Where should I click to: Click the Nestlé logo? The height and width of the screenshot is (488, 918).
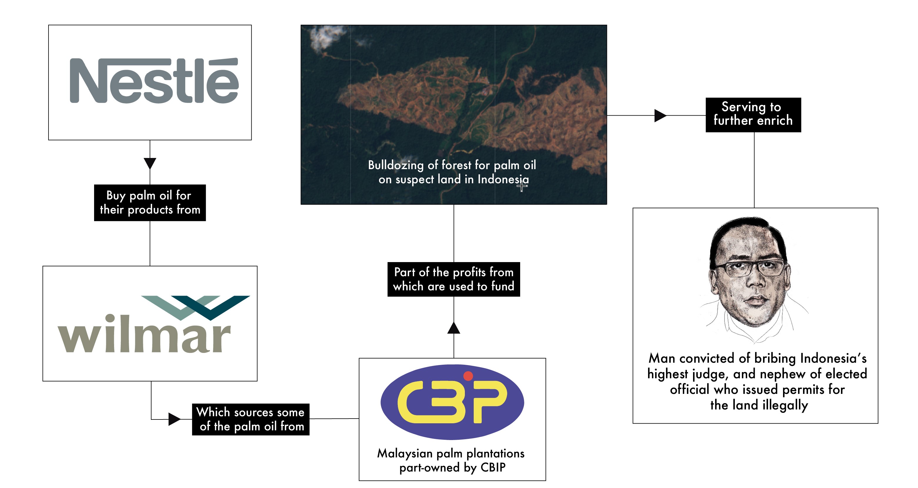tap(154, 81)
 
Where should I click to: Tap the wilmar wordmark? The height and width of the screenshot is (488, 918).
tap(144, 335)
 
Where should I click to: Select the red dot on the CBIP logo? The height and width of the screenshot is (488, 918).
tap(468, 376)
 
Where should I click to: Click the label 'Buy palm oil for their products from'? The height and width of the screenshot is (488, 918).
tap(150, 202)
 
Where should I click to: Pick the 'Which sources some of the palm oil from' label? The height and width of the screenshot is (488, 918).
tap(251, 419)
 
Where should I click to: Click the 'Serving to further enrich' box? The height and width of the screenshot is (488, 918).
tap(753, 114)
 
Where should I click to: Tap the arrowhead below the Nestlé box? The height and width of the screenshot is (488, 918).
tap(150, 164)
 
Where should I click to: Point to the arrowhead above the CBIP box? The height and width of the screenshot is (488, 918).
tap(454, 328)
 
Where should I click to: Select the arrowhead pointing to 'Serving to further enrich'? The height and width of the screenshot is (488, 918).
tap(660, 116)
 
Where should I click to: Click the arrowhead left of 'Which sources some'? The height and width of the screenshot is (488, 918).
tap(174, 419)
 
